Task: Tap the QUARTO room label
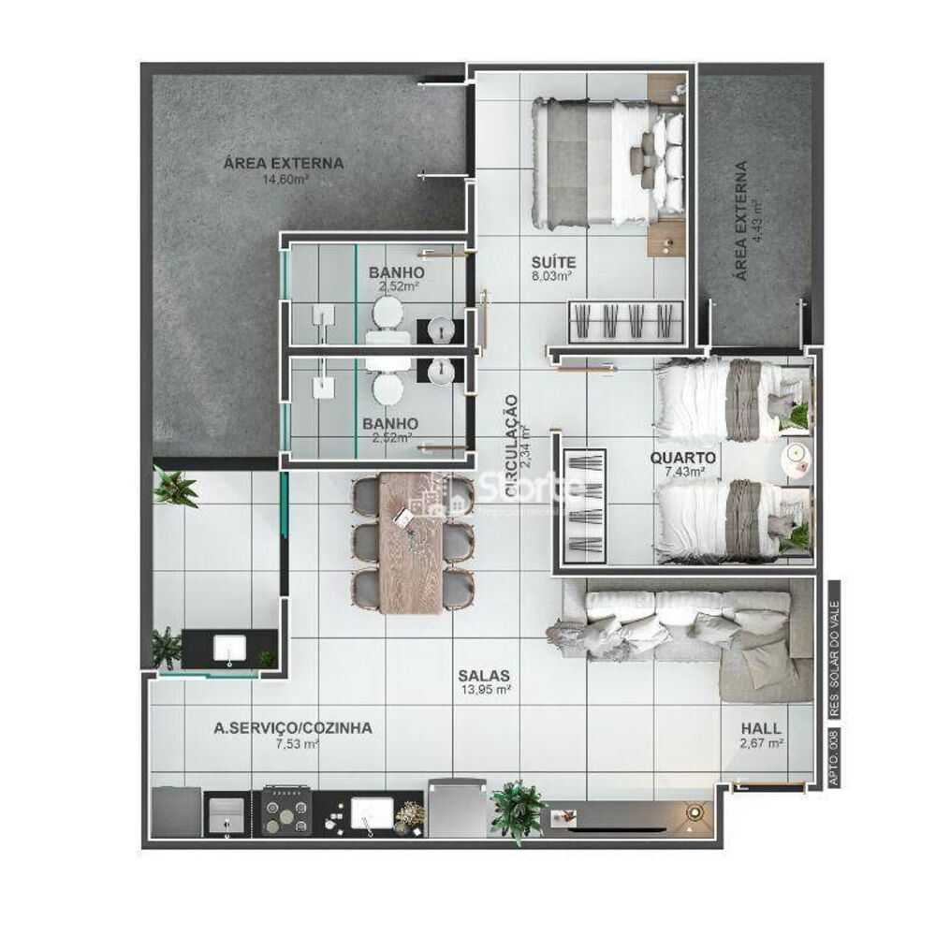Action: [x=685, y=459]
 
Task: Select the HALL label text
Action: [x=761, y=728]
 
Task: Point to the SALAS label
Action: [x=484, y=675]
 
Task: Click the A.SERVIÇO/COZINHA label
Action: [x=293, y=727]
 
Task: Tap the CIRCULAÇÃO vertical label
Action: [x=511, y=445]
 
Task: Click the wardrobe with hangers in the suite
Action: [x=625, y=321]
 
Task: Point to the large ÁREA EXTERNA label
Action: [x=283, y=163]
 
